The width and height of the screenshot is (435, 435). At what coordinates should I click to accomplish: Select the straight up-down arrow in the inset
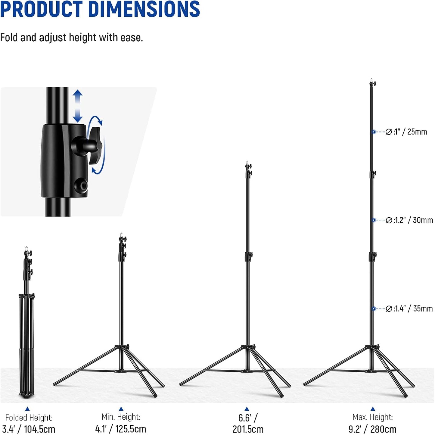tap(78, 106)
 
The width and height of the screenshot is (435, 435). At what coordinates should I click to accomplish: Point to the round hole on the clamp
tap(81, 185)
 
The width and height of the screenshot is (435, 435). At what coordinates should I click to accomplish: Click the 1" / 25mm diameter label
tap(406, 132)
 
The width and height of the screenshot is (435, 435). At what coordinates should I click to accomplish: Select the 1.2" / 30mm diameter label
tap(409, 220)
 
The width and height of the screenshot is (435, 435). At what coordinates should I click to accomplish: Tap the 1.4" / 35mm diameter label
tap(409, 309)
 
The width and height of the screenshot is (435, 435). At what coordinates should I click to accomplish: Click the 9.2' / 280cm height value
tap(372, 429)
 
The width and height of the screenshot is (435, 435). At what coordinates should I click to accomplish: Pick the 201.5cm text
tap(247, 429)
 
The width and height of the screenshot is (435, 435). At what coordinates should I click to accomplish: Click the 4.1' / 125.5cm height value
tap(120, 429)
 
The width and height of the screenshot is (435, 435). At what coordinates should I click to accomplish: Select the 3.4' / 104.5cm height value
tap(29, 429)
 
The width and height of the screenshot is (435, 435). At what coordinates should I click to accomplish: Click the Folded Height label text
tap(29, 418)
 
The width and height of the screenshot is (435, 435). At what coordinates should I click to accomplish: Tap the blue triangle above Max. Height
tap(373, 409)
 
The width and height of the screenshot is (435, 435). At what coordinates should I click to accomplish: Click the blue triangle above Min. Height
tap(121, 409)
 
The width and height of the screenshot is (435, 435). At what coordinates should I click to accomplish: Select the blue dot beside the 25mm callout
tap(374, 132)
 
